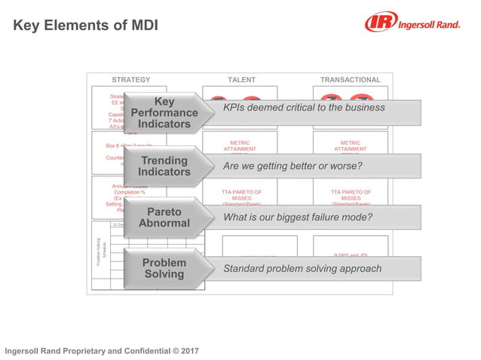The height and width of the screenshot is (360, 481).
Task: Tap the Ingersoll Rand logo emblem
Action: (x=379, y=23)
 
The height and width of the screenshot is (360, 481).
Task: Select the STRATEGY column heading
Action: (x=130, y=80)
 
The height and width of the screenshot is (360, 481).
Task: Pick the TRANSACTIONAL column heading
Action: (x=350, y=80)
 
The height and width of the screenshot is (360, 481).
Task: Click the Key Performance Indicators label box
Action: (x=164, y=113)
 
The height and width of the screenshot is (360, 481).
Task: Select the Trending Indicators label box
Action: (x=164, y=166)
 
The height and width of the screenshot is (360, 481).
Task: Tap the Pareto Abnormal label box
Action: (x=164, y=218)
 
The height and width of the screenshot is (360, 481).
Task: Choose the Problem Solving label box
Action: (x=164, y=269)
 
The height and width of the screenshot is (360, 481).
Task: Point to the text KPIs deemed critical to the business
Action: (x=304, y=108)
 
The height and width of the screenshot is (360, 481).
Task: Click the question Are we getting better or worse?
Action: (x=293, y=166)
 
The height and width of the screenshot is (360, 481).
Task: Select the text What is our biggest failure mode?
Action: (x=298, y=218)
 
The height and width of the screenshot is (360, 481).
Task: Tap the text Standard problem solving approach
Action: (x=302, y=269)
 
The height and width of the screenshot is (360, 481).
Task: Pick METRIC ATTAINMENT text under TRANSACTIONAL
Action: (x=350, y=145)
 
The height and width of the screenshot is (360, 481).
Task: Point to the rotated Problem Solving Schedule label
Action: (x=100, y=249)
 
